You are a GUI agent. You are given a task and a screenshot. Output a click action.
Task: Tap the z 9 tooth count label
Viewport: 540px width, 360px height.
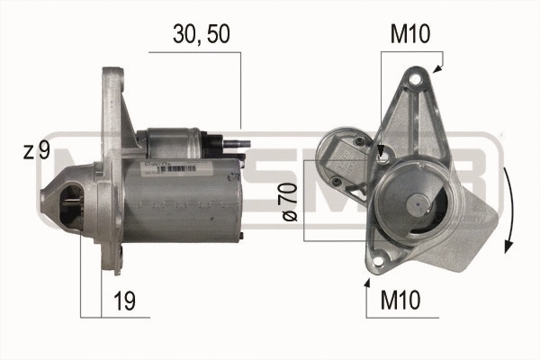35,151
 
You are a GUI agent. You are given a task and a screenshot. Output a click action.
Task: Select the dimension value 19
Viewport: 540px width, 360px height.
125,301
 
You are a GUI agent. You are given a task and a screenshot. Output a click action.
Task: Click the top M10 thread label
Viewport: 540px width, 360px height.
410,35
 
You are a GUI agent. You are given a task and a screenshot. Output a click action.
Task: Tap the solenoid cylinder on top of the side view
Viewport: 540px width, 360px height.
175,142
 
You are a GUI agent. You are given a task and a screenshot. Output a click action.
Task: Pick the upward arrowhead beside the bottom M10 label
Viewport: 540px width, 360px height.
366,283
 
